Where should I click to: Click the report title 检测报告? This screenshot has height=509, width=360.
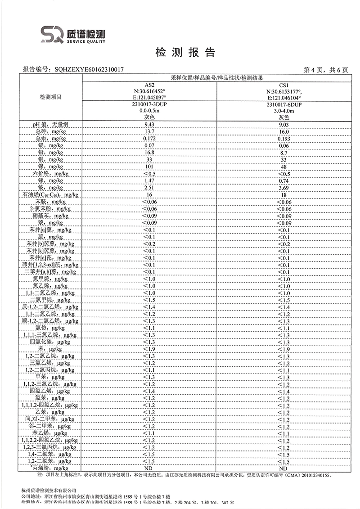click(185, 53)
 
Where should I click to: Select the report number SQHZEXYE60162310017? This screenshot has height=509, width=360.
click(89, 70)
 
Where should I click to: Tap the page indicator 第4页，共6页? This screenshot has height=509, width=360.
click(326, 70)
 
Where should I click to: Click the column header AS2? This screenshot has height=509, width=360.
click(149, 85)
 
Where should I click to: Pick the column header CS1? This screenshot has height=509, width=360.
click(283, 85)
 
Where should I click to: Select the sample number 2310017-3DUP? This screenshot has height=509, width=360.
click(149, 104)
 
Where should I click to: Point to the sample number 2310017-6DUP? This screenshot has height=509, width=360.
click(283, 104)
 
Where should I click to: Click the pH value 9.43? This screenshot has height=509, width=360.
click(149, 124)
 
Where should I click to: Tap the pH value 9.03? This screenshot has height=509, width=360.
click(283, 124)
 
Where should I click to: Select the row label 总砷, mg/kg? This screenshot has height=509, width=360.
click(50, 131)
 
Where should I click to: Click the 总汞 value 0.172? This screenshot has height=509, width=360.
click(149, 138)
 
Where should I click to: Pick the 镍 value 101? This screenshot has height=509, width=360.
click(149, 167)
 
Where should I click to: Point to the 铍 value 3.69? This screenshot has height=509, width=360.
click(283, 188)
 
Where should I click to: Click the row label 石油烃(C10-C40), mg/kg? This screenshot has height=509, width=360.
click(50, 195)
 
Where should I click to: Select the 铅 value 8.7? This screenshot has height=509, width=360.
click(283, 153)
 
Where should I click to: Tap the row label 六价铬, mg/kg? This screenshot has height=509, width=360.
click(50, 174)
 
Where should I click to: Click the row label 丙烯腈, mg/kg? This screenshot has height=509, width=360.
click(50, 468)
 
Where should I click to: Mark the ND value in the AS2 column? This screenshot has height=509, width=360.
click(149, 468)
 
